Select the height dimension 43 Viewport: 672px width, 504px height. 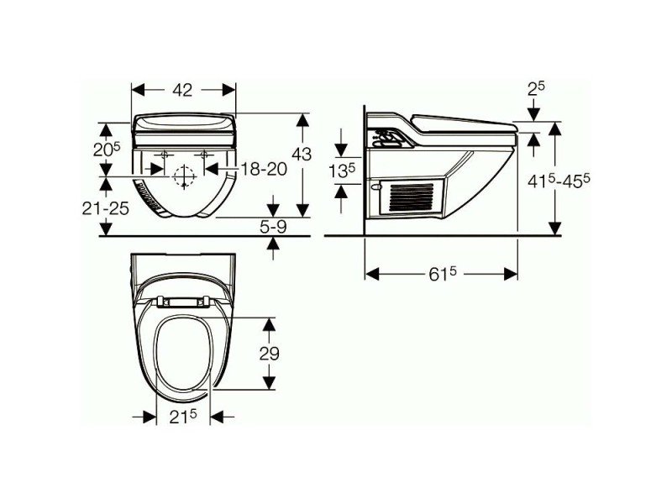coord(302,155)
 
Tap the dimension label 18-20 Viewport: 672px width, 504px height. coord(262,169)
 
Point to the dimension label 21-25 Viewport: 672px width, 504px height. coord(107,207)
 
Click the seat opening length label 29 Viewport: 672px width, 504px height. coord(269,353)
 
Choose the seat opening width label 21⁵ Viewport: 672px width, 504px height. coord(183,417)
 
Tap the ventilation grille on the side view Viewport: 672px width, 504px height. coord(414,199)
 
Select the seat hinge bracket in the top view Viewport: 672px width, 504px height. coord(183,300)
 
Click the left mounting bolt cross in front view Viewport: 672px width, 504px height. coord(163,155)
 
